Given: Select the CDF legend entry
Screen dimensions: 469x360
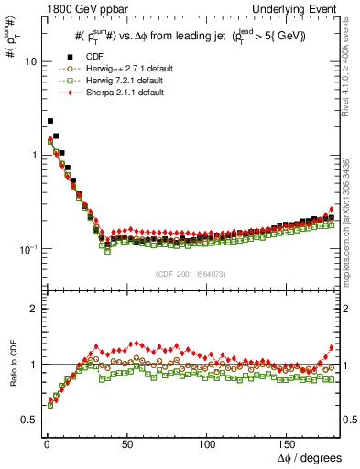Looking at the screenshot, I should [104, 57].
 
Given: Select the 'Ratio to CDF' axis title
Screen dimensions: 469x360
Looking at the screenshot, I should [10, 364].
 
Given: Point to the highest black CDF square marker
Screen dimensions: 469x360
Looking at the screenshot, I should [50, 120].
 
